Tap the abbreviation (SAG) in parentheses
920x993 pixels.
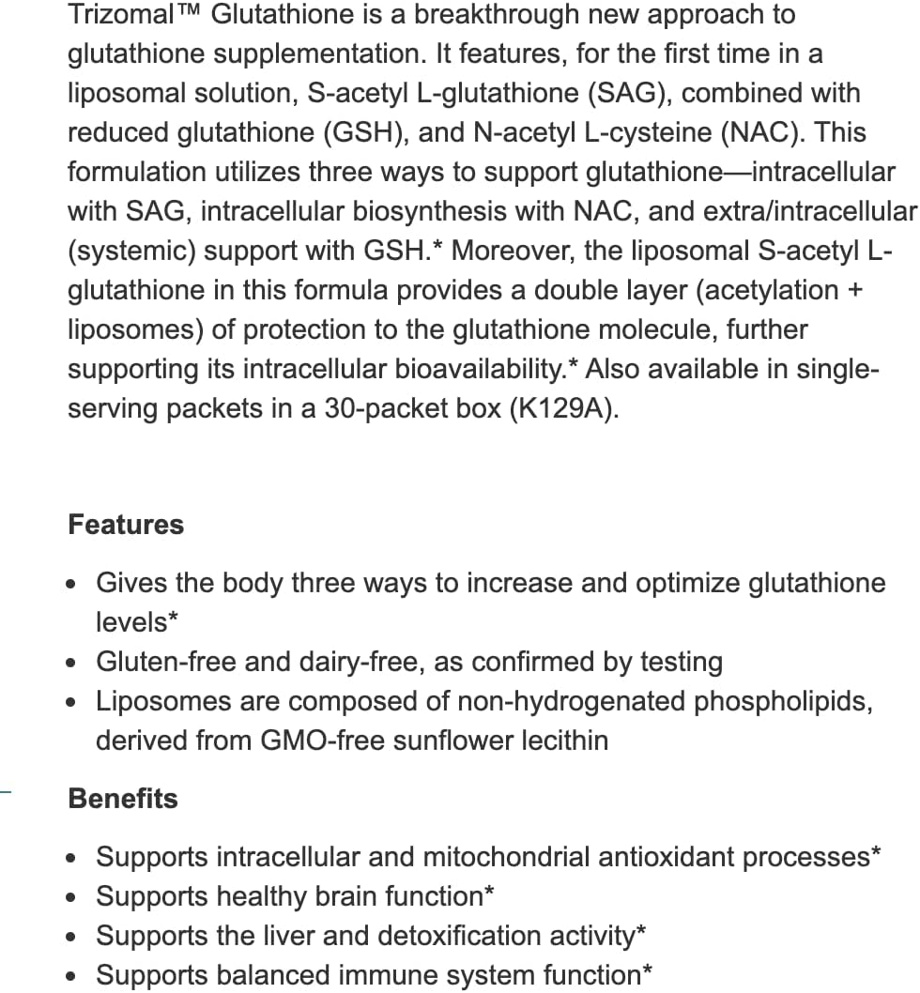[x=611, y=94]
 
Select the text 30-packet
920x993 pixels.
[x=390, y=409]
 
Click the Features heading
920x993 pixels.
[x=126, y=525]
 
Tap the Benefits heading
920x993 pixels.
[x=123, y=799]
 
